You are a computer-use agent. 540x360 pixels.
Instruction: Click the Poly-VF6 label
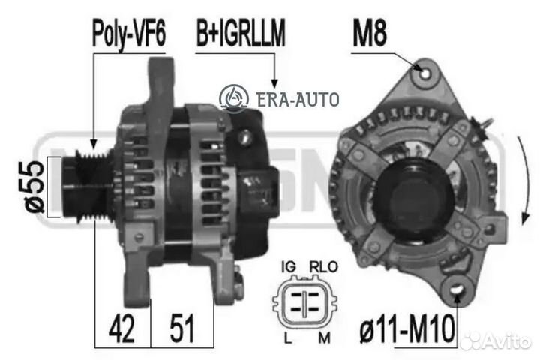click(x=128, y=34)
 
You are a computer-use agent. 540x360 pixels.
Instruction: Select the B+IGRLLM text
click(x=241, y=34)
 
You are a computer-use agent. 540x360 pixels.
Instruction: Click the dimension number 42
click(x=121, y=328)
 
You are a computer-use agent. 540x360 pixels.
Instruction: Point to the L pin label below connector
click(x=289, y=338)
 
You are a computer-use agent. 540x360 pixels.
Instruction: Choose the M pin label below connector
click(x=325, y=338)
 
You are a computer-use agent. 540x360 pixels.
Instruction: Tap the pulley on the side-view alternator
click(x=79, y=187)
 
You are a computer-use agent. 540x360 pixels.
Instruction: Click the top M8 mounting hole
click(x=427, y=74)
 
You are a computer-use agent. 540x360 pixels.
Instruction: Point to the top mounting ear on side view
click(x=162, y=79)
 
